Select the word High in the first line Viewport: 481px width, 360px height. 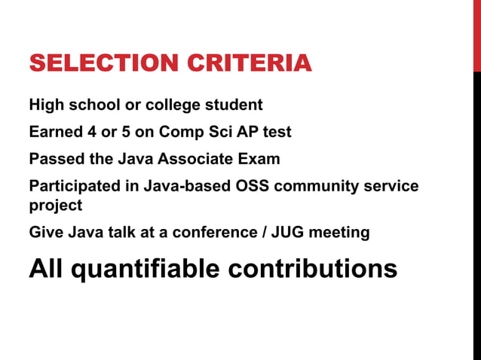(46, 105)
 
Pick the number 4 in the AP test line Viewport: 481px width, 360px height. (91, 132)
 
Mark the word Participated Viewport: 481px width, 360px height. (75, 186)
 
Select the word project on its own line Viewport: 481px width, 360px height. (55, 205)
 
